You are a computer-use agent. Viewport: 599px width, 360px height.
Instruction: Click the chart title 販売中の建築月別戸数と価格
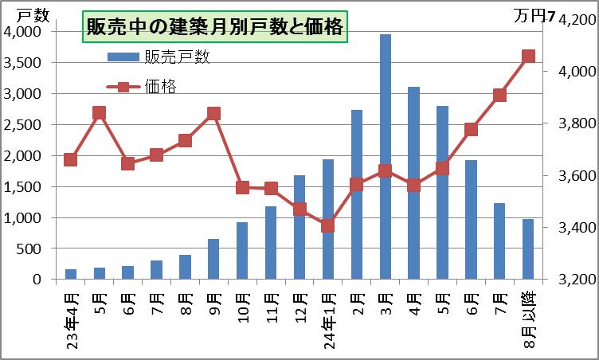pos(214,27)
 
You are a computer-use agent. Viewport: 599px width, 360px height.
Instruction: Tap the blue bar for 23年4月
pos(71,274)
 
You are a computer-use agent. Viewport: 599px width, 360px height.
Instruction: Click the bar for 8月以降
pos(528,249)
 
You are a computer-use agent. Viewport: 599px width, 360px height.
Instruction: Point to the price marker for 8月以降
pos(528,57)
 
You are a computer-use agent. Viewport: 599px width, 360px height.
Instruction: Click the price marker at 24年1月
pos(328,225)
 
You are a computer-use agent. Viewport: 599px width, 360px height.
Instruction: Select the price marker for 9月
pos(213,113)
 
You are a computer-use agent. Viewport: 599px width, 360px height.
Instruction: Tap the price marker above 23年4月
pos(71,159)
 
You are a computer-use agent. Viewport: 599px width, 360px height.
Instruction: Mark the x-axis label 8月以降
pos(528,314)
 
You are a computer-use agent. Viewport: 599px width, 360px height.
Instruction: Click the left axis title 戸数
pos(32,14)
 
